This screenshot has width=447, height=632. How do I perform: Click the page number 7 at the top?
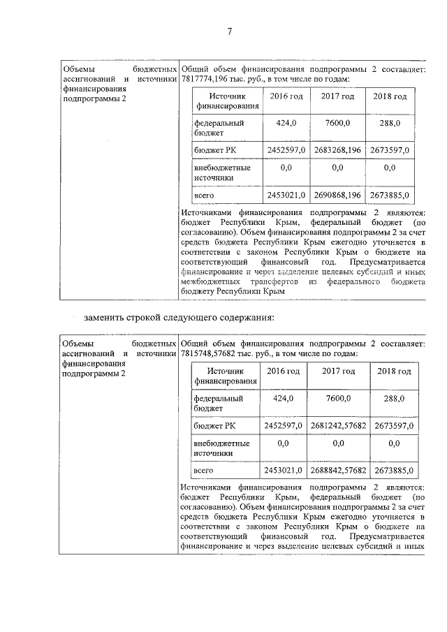[x=228, y=30]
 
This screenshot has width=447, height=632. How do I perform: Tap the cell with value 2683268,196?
[x=337, y=151]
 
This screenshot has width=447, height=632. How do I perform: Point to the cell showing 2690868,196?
[x=337, y=195]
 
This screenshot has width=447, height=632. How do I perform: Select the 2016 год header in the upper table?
[x=286, y=96]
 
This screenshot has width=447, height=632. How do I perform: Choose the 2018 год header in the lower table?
[x=394, y=371]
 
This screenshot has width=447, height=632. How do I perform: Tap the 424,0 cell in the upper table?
[x=286, y=123]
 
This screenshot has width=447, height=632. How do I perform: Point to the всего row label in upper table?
[x=203, y=195]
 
